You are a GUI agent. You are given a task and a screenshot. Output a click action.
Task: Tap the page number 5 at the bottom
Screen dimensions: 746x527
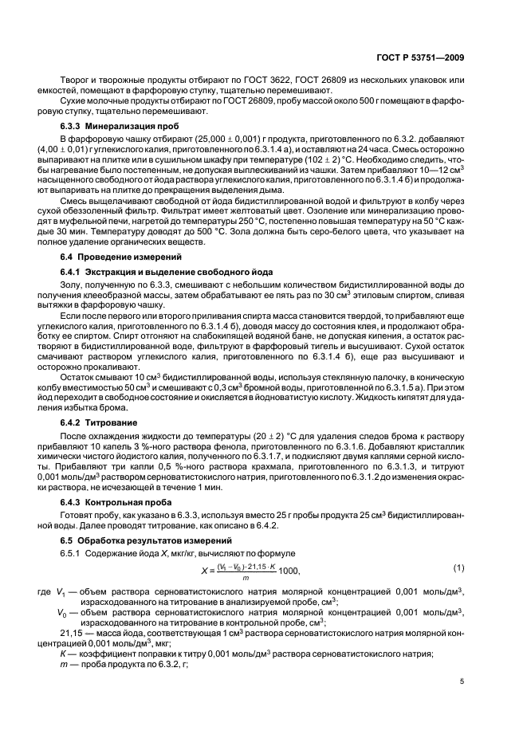(462, 681)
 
